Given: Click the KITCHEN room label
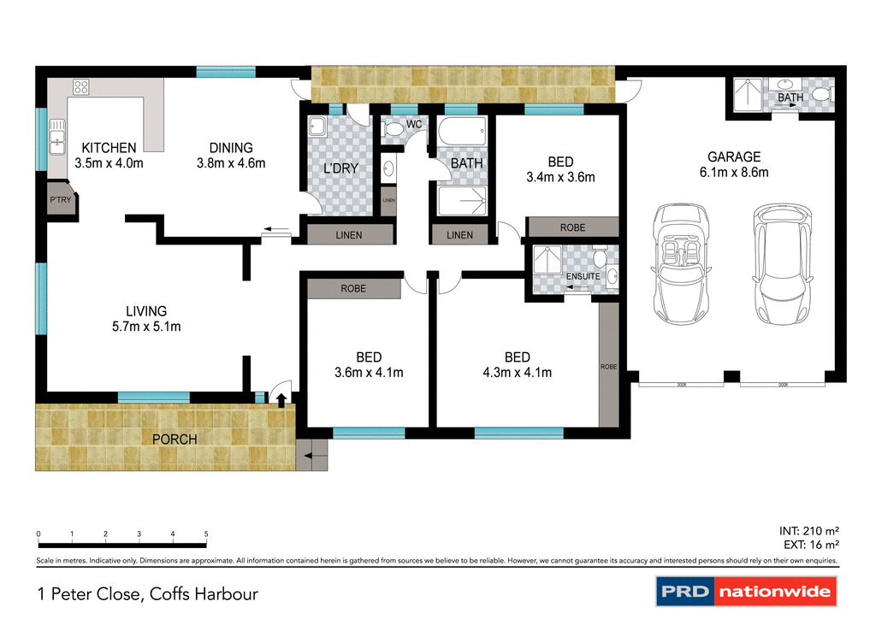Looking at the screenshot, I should coord(109,148).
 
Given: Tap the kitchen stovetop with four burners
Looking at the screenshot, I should coord(82,86).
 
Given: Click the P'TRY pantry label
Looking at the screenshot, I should coord(61,201).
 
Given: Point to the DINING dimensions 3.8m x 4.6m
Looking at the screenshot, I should coord(231,163).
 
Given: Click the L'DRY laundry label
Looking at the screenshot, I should coord(340,168).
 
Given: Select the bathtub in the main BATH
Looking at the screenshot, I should coord(461,133).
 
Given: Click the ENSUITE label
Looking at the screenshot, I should coord(583,277).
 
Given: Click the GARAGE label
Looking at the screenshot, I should coord(733,156).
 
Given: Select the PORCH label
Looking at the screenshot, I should coord(175,439).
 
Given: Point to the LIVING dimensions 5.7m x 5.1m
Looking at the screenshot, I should coord(146,326).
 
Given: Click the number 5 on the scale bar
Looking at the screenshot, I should coord(206,534).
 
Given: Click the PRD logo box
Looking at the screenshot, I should coord(684,592).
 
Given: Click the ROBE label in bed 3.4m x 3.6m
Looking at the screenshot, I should coord(572,227).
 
